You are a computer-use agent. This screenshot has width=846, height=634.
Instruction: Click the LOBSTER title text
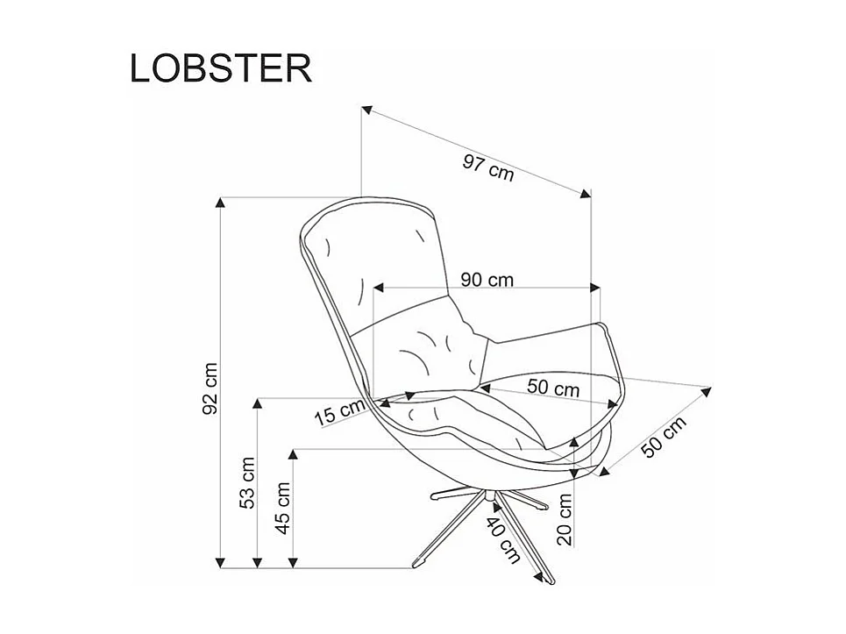coord(221,68)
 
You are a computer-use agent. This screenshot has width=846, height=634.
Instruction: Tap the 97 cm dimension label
coord(488,166)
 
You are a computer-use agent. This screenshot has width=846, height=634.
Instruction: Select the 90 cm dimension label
coord(487,280)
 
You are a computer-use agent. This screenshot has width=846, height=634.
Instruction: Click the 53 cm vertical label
coord(247,482)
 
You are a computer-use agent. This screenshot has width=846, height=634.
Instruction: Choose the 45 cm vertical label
coord(283,505)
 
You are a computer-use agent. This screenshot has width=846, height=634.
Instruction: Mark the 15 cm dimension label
coord(338,411)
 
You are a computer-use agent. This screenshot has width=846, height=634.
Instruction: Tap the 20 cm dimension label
coord(565,519)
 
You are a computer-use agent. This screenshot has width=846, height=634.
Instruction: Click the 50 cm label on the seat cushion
coord(553,387)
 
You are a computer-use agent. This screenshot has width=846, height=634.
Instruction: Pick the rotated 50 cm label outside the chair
coord(664,437)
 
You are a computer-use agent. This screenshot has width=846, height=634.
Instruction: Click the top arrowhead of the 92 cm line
coord(221,203)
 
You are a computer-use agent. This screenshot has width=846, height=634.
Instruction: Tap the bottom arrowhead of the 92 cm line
coord(221,561)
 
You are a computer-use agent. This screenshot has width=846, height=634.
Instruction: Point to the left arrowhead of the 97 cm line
coord(367,110)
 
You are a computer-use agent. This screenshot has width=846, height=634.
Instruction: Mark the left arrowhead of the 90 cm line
coord(380,287)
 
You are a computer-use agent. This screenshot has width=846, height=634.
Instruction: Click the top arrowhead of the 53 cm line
coord(258,403)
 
